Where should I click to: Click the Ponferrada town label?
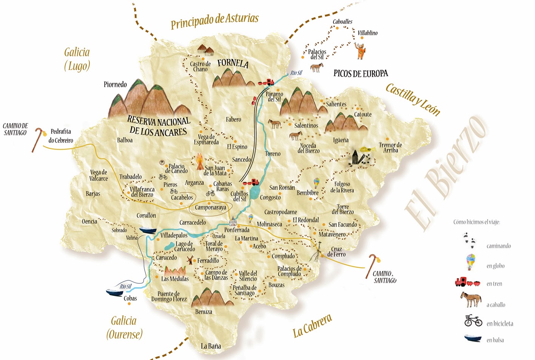(x=237, y=230)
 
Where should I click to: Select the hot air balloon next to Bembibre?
(x=316, y=183)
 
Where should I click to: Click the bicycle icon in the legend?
(x=473, y=321)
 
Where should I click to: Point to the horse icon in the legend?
(x=470, y=300)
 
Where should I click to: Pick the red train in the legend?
(x=467, y=282)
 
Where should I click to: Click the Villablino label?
(x=367, y=33)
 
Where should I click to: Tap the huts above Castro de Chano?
(x=205, y=50)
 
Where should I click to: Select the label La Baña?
(x=211, y=346)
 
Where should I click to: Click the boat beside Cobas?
(x=114, y=292)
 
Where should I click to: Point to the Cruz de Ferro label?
(x=336, y=252)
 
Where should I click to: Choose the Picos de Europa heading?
(x=361, y=74)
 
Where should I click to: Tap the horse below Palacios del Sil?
(x=316, y=68)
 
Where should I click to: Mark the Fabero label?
(x=233, y=120)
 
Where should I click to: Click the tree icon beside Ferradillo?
(x=190, y=260)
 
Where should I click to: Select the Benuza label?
(x=204, y=312)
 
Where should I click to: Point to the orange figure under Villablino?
(x=361, y=51)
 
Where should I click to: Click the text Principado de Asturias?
(x=214, y=20)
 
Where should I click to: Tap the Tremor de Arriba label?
(x=390, y=148)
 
